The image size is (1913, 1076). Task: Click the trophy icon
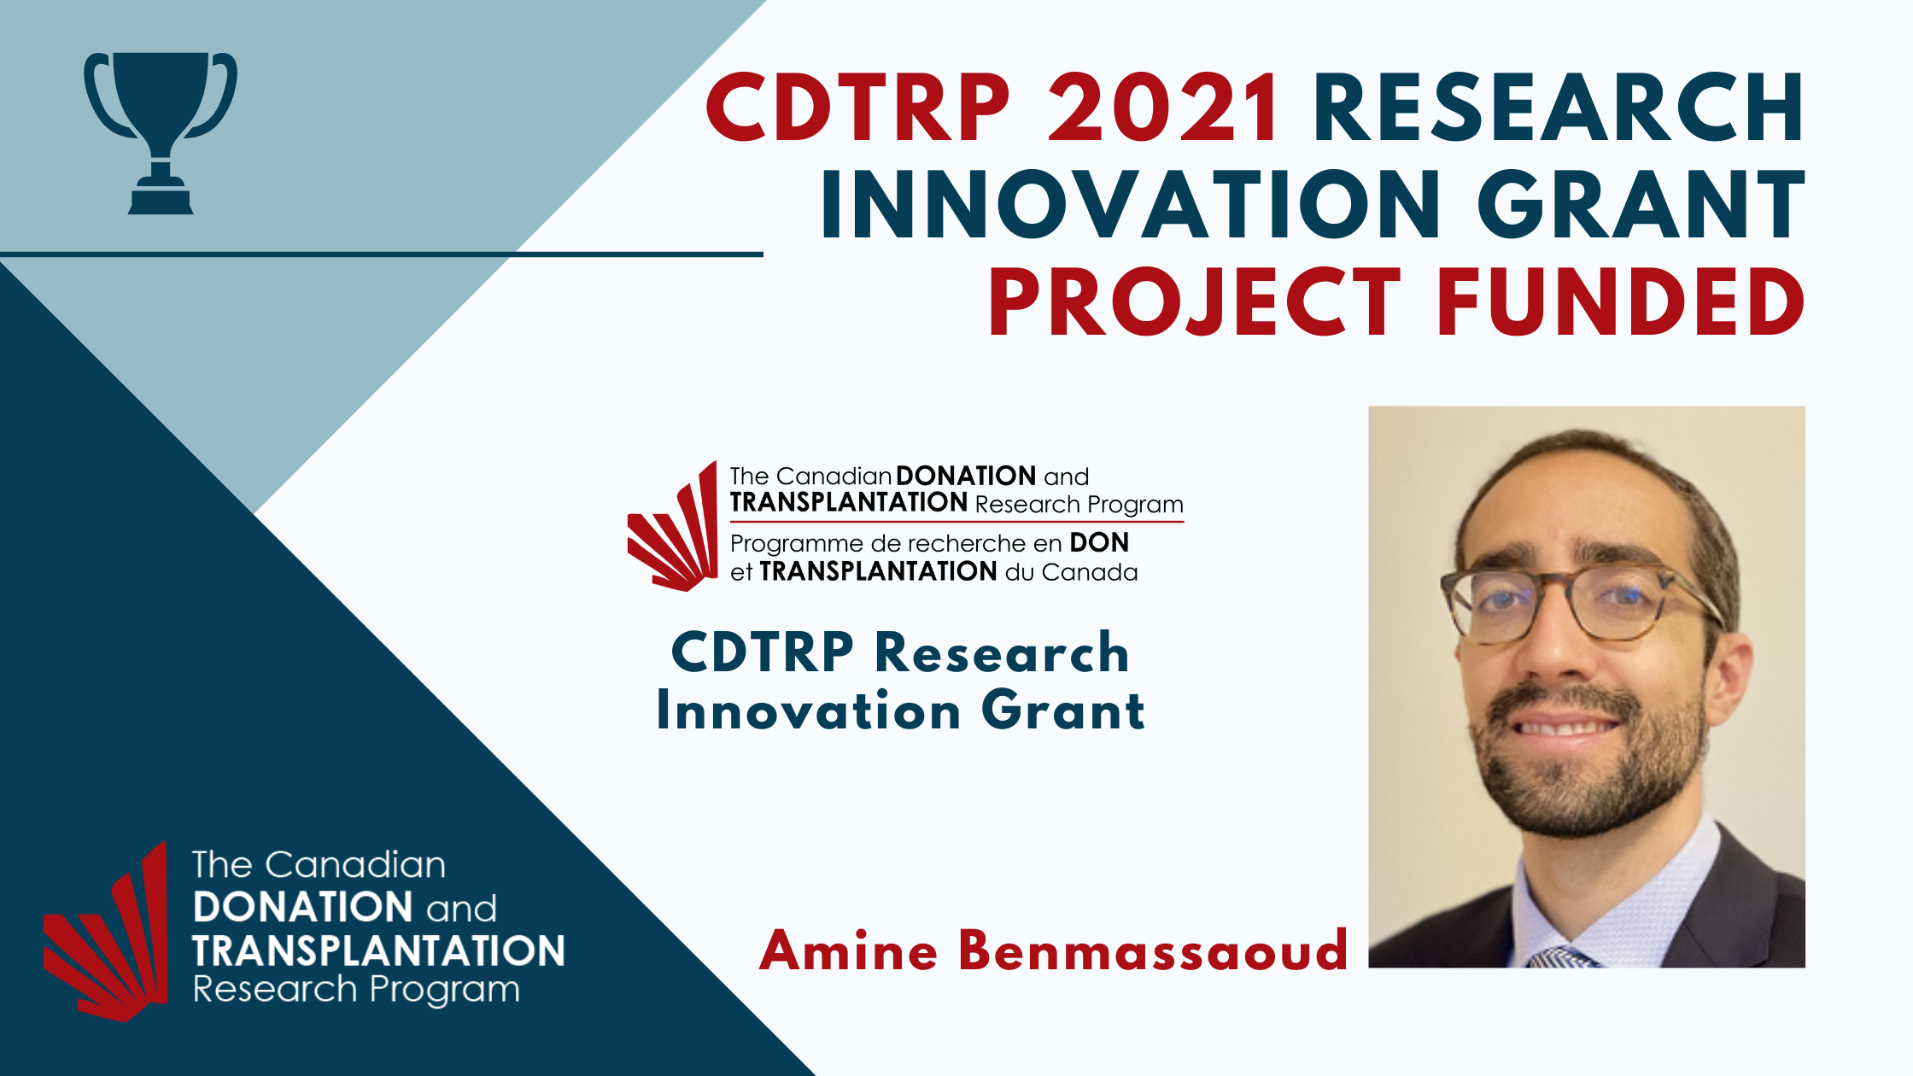[160, 132]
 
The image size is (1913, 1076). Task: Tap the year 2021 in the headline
[1164, 108]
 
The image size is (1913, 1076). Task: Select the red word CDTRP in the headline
[858, 108]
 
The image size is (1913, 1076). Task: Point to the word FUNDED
[1621, 302]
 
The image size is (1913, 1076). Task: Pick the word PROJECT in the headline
[1195, 302]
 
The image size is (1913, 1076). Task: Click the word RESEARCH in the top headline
[1559, 108]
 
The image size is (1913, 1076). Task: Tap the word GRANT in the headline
[1641, 205]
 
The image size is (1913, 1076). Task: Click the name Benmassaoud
[1153, 950]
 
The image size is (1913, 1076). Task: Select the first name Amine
[849, 950]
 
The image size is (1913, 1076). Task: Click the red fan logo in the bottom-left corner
[106, 932]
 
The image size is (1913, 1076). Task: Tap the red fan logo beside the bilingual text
[673, 526]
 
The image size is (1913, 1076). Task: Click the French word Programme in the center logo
[797, 544]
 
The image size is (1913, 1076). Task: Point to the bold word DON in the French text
[1099, 542]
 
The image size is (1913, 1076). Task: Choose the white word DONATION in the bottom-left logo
[303, 907]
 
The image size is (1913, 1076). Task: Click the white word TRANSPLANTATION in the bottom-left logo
[378, 950]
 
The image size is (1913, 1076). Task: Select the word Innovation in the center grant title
[808, 711]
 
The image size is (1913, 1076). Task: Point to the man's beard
[1588, 769]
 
